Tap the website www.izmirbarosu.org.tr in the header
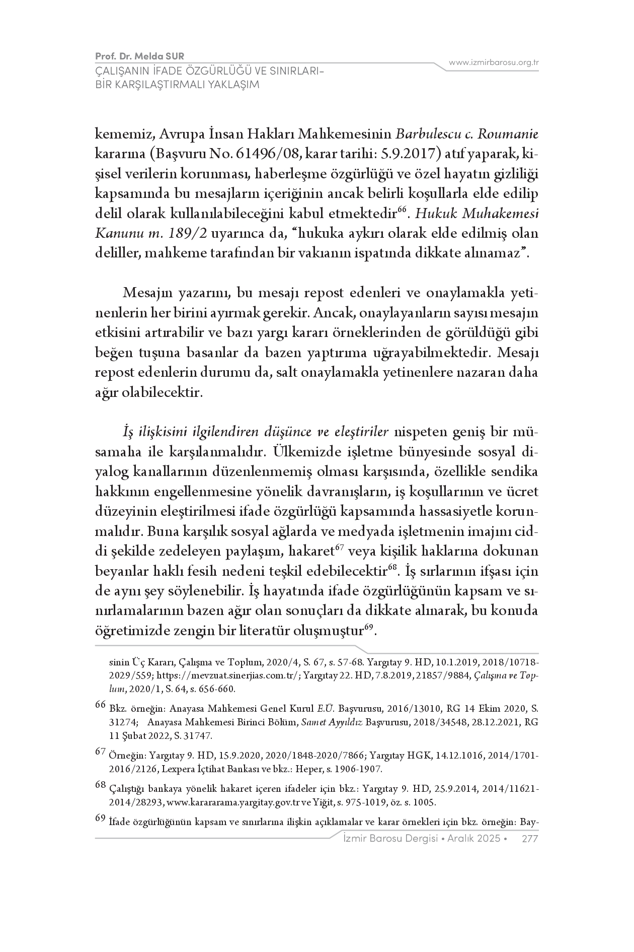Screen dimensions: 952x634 click(494, 63)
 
